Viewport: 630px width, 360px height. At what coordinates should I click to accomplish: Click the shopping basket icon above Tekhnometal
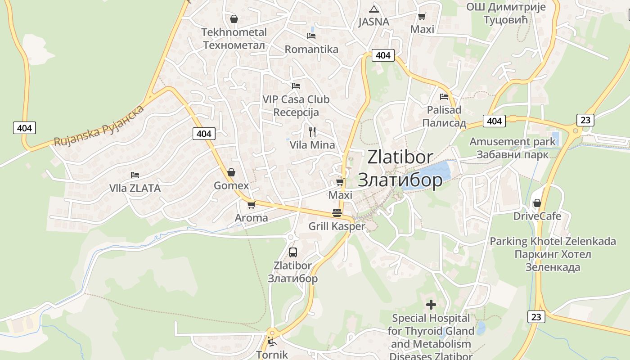point(234,19)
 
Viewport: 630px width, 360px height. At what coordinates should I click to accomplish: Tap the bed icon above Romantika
point(311,36)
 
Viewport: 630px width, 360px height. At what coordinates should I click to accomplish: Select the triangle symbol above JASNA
point(374,9)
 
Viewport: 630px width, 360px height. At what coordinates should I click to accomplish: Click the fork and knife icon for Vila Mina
point(312,132)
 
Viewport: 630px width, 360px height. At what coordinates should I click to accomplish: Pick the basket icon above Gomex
point(231,172)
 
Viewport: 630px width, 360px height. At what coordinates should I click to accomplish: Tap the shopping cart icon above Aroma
point(251,205)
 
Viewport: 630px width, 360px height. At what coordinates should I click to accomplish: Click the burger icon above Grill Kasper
point(337,213)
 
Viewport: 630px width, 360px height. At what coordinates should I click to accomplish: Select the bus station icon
point(293,252)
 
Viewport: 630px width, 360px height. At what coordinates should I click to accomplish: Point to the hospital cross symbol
point(431,305)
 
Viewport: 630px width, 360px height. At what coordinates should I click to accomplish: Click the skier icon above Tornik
point(271,342)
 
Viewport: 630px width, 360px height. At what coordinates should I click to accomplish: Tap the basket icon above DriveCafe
point(537,203)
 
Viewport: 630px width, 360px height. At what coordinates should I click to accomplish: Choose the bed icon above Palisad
point(444,96)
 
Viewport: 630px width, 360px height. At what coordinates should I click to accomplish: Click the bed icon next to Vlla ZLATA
point(135,175)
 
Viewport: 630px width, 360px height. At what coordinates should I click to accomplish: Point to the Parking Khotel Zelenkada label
point(553,254)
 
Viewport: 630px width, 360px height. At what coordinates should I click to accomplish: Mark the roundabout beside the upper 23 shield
point(575,130)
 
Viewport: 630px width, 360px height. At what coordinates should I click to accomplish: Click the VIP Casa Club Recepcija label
point(296,106)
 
